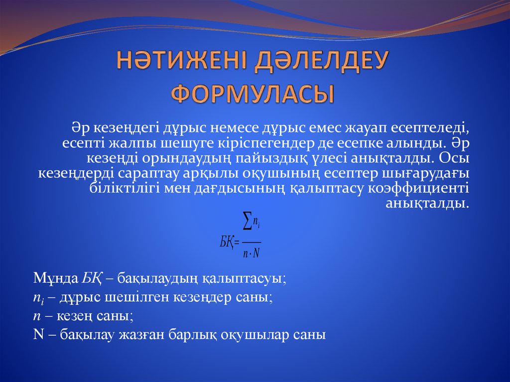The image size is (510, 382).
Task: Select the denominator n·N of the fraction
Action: tap(252, 254)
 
